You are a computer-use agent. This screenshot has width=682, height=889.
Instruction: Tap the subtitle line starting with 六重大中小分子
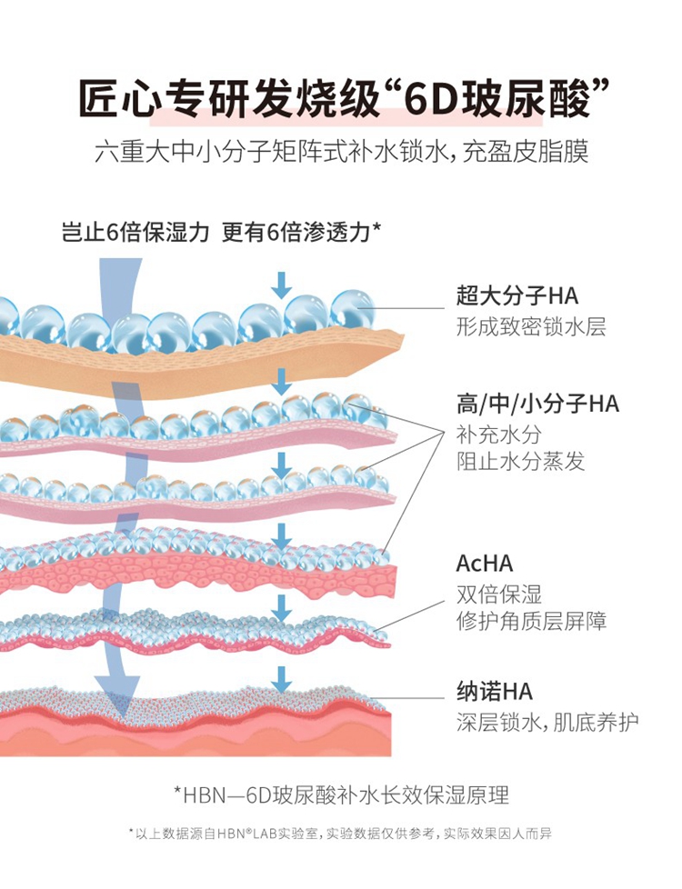click(342, 152)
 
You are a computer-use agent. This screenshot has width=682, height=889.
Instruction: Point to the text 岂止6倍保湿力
click(135, 232)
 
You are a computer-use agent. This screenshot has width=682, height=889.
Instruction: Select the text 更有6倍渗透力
click(301, 232)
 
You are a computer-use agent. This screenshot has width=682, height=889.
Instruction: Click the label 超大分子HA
click(517, 296)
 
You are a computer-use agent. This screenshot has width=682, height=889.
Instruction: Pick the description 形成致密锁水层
click(531, 326)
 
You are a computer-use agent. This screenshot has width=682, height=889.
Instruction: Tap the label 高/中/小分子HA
click(537, 404)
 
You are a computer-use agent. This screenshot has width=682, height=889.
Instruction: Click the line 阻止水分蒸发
click(520, 461)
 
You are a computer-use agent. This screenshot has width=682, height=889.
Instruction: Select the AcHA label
click(485, 564)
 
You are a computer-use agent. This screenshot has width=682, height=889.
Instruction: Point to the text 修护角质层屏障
click(531, 621)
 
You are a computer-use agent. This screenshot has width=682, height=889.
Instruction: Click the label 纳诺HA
click(494, 692)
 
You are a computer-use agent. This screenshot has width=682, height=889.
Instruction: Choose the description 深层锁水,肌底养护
click(547, 723)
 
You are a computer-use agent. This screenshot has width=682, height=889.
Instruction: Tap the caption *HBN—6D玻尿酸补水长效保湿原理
click(342, 794)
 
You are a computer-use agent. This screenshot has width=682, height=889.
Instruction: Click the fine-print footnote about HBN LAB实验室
click(340, 834)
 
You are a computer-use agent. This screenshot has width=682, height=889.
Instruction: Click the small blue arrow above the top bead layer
click(281, 285)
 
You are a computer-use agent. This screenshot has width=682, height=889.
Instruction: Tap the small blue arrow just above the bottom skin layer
click(281, 679)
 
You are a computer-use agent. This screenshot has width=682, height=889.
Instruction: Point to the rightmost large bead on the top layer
click(352, 309)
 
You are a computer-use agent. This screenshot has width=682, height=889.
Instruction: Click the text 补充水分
click(498, 435)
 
